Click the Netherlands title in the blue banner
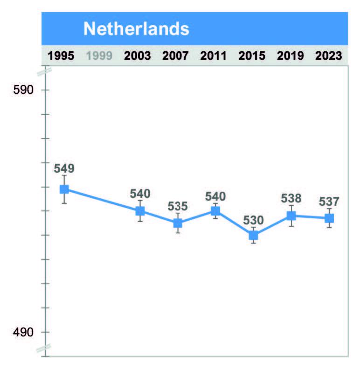[x=136, y=29]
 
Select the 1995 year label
[x=61, y=56]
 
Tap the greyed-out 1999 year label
[x=99, y=56]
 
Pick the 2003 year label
[x=138, y=56]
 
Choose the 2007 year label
[x=176, y=56]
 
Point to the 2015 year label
[x=252, y=56]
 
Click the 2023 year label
[x=329, y=56]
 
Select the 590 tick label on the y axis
[x=23, y=90]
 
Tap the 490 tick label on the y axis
[x=23, y=332]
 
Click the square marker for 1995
[x=64, y=189]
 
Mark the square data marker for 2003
[x=140, y=211]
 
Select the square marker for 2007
[x=178, y=223]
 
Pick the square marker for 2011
[x=215, y=211]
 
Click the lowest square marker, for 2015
[x=253, y=235]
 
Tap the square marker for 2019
[x=291, y=216]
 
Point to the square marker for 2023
[x=329, y=218]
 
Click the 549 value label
[x=64, y=168]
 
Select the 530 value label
[x=253, y=220]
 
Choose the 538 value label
[x=291, y=198]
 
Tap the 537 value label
[x=329, y=202]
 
